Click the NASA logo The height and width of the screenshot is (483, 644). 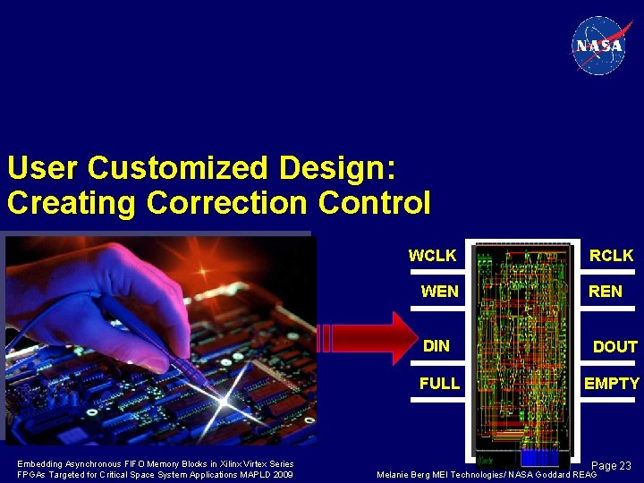point(599,45)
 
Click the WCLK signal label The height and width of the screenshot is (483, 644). point(432,256)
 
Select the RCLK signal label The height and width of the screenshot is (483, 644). point(611,256)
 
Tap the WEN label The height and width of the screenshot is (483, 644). point(439,292)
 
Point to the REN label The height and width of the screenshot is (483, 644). point(605,292)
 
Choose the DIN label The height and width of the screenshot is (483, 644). point(436,345)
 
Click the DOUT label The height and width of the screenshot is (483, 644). point(614,347)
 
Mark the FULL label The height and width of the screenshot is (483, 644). point(439,383)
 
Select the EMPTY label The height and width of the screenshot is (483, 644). point(612,384)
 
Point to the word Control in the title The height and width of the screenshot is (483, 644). point(374,202)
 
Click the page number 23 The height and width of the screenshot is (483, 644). point(623,465)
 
